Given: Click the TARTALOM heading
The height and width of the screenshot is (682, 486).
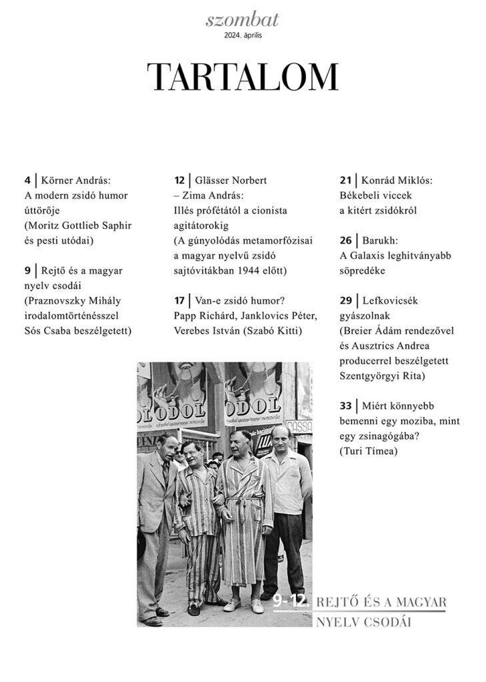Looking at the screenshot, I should pyautogui.click(x=243, y=77).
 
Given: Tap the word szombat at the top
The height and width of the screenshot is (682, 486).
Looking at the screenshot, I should pyautogui.click(x=243, y=21).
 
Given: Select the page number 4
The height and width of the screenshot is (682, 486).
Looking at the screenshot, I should pyautogui.click(x=27, y=180).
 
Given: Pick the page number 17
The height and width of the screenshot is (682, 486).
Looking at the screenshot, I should pyautogui.click(x=179, y=300).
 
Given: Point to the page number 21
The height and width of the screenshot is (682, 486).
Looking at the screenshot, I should pyautogui.click(x=345, y=180).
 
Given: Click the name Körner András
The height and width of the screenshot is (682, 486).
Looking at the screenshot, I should pyautogui.click(x=76, y=180).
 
